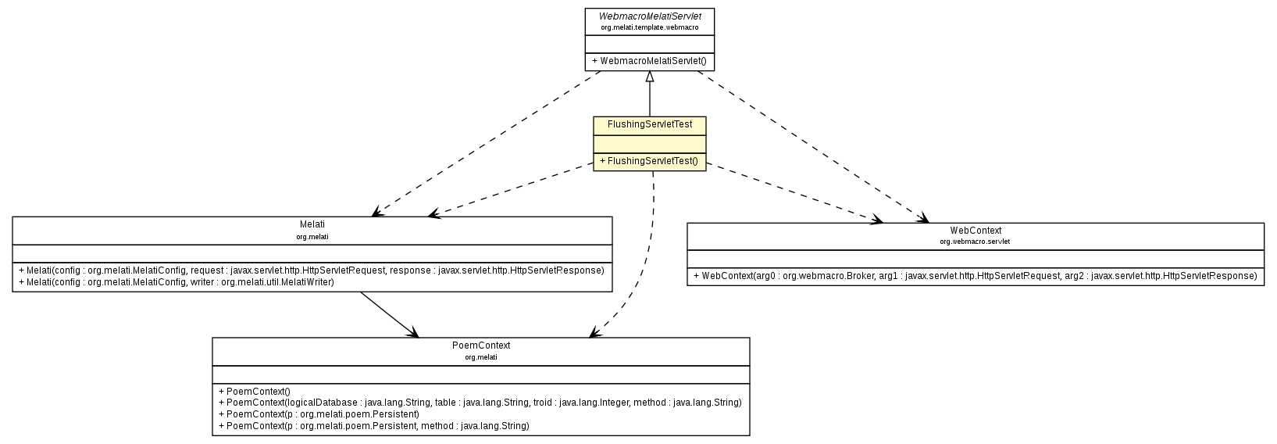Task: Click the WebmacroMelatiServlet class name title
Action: pyautogui.click(x=649, y=16)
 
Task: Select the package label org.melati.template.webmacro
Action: pyautogui.click(x=649, y=27)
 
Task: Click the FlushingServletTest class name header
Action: pyautogui.click(x=650, y=124)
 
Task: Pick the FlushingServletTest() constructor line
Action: pyautogui.click(x=648, y=161)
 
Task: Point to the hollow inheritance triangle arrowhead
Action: pyautogui.click(x=650, y=77)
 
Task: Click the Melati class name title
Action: pyautogui.click(x=312, y=224)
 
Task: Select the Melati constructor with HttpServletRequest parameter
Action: pyautogui.click(x=312, y=270)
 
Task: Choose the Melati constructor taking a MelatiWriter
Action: pyautogui.click(x=176, y=282)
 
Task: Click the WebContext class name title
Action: pyautogui.click(x=976, y=231)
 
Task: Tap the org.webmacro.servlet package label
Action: pyautogui.click(x=975, y=242)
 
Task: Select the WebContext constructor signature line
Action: pyautogui.click(x=975, y=276)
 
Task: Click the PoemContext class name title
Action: pyautogui.click(x=480, y=346)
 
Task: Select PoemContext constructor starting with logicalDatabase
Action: pyautogui.click(x=480, y=403)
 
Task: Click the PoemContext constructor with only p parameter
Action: pyautogui.click(x=319, y=414)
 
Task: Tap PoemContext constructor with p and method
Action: pyautogui.click(x=373, y=426)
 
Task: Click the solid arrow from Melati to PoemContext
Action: pyautogui.click(x=388, y=314)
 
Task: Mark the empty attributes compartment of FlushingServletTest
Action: pyautogui.click(x=650, y=143)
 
